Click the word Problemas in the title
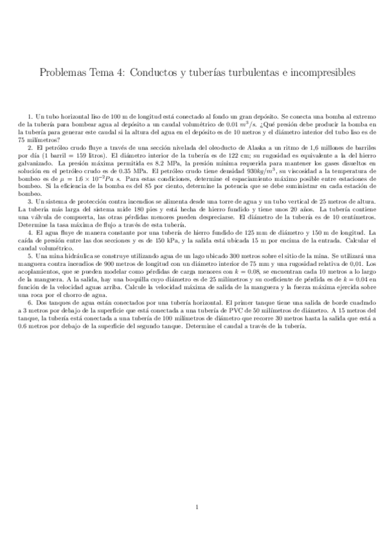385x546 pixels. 63,73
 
